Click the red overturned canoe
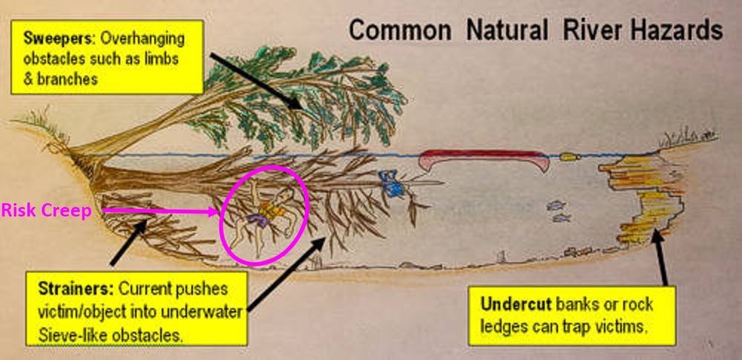pyautogui.click(x=484, y=160)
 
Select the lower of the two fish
pyautogui.click(x=562, y=218)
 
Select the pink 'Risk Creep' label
pyautogui.click(x=46, y=212)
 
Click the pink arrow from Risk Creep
pyautogui.click(x=160, y=212)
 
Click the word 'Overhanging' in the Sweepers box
pyautogui.click(x=142, y=38)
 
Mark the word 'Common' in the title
pyautogui.click(x=400, y=30)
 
